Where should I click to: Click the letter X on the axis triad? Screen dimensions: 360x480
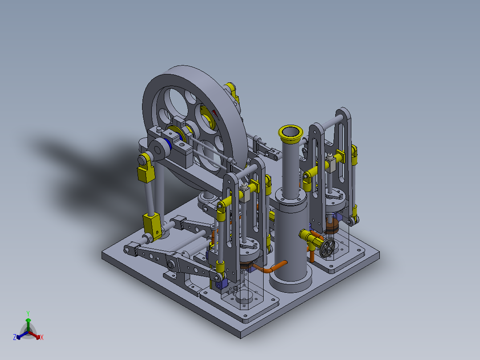(x=42, y=338)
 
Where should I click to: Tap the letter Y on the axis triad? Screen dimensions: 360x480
(x=28, y=313)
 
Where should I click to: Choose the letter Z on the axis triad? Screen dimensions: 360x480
(x=14, y=338)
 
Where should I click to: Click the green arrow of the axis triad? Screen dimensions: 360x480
(x=28, y=322)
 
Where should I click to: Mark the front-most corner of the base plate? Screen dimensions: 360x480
(x=241, y=335)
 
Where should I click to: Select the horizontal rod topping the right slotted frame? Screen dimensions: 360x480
(x=329, y=120)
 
